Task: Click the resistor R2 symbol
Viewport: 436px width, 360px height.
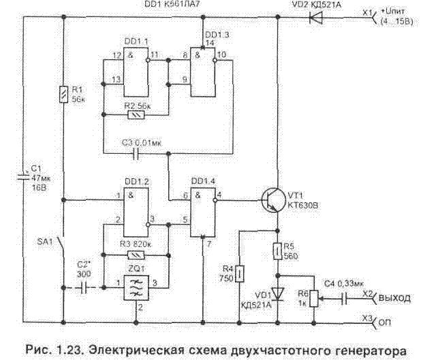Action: [136, 115]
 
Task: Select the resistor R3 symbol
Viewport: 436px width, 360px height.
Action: [136, 254]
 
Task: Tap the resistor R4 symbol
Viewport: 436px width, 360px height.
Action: [240, 274]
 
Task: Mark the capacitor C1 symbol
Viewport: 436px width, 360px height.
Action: [23, 179]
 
